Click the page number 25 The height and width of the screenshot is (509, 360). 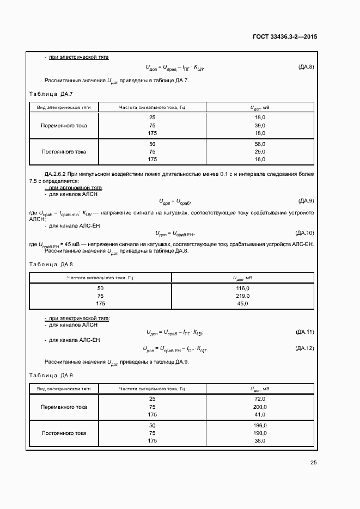click(313, 463)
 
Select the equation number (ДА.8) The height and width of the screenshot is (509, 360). click(306, 67)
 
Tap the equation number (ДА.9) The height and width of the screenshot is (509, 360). click(306, 200)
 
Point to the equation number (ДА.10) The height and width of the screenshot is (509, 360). click(304, 232)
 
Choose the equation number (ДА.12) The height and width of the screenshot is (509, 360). click(304, 348)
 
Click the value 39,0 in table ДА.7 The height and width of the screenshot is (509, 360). click(259, 125)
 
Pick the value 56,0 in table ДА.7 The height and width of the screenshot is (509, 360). click(259, 144)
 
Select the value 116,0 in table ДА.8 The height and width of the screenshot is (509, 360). click(243, 288)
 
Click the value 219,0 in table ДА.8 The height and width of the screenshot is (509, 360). click(243, 296)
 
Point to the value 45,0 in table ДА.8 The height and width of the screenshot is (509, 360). click(243, 303)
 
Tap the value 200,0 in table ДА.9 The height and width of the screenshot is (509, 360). click(259, 407)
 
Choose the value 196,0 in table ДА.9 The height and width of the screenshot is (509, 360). click(259, 425)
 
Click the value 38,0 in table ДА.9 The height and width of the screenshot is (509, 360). click(259, 441)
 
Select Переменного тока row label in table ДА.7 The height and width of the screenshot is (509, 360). click(64, 125)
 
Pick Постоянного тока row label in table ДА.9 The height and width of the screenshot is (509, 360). click(64, 433)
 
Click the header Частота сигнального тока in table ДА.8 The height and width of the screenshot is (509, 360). click(100, 278)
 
